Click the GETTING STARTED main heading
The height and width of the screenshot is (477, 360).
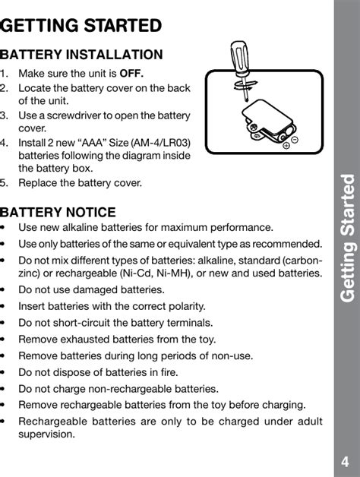pos(81,26)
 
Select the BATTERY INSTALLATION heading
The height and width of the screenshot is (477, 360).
pos(81,55)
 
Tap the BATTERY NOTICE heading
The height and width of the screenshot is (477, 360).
pos(58,212)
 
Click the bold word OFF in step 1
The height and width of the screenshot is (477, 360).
pos(131,74)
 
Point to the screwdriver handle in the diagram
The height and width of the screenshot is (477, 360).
pos(239,58)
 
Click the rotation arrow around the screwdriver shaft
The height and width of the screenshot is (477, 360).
pos(246,85)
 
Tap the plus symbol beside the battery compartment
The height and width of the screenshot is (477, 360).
pos(286,145)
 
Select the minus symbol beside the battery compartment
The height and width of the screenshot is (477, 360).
pos(295,140)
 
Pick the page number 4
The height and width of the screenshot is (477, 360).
pos(345,462)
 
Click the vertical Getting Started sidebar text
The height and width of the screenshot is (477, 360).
pos(348,238)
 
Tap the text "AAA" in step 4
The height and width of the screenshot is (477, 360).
pos(93,142)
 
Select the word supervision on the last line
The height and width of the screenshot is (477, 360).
pos(46,434)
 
